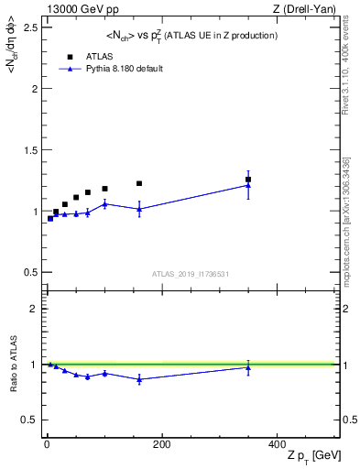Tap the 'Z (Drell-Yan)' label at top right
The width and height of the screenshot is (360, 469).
[x=309, y=9]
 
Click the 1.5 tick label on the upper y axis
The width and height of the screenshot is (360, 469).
[x=29, y=150]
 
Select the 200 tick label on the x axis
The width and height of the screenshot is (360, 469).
[x=162, y=444]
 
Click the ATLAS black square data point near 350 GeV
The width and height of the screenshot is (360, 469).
[x=248, y=180]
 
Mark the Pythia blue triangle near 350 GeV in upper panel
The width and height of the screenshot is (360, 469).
[x=248, y=185]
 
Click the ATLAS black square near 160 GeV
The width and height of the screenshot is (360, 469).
[x=139, y=183]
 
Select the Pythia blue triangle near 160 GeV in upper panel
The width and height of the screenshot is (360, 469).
[x=139, y=209]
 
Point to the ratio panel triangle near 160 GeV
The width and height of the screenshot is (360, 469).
[x=139, y=379]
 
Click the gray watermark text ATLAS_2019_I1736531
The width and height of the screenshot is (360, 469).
[x=191, y=274]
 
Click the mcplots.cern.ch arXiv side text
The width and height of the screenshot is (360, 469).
[x=350, y=206]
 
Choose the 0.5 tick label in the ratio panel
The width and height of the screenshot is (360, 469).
[x=29, y=420]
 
